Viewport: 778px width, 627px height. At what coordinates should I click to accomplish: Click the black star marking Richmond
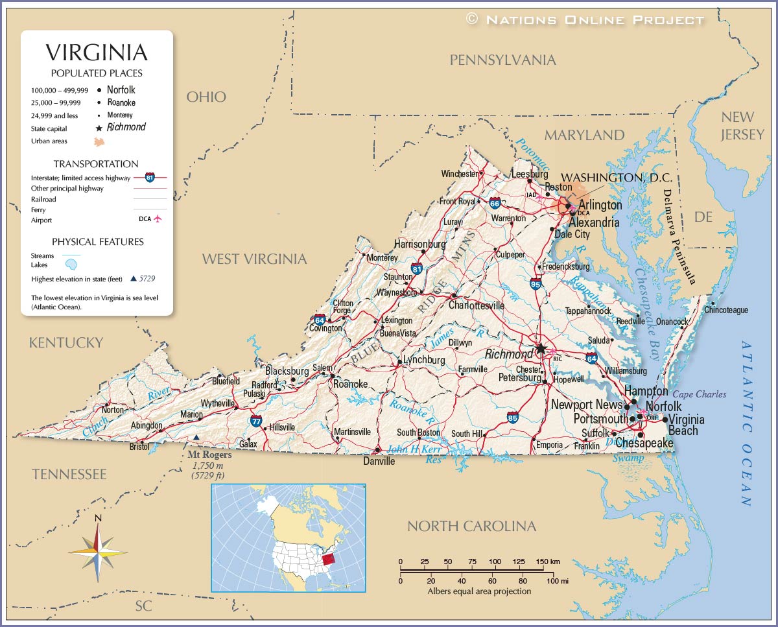[541, 349]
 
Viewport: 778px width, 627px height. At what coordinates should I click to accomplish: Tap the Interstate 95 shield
[536, 283]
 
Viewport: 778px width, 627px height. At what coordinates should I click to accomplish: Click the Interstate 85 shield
[513, 417]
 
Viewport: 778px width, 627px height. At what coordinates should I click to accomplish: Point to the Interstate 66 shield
[495, 203]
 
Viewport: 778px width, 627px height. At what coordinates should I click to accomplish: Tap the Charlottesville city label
[477, 305]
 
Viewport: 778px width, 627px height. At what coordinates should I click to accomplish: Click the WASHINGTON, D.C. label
[616, 178]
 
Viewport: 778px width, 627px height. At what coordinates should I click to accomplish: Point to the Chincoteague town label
[726, 311]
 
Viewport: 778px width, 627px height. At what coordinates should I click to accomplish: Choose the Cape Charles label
[700, 394]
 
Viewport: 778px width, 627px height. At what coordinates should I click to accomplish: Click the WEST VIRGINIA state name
[254, 259]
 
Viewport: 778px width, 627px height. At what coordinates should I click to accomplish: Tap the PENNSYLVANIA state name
[503, 60]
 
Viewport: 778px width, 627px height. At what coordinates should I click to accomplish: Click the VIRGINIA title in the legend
[97, 53]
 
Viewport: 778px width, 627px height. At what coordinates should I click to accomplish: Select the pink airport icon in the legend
[157, 219]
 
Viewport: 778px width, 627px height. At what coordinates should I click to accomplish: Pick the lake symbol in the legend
[71, 265]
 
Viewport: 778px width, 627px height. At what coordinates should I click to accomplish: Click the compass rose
[98, 550]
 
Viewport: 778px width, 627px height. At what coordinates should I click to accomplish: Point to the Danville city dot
[377, 450]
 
